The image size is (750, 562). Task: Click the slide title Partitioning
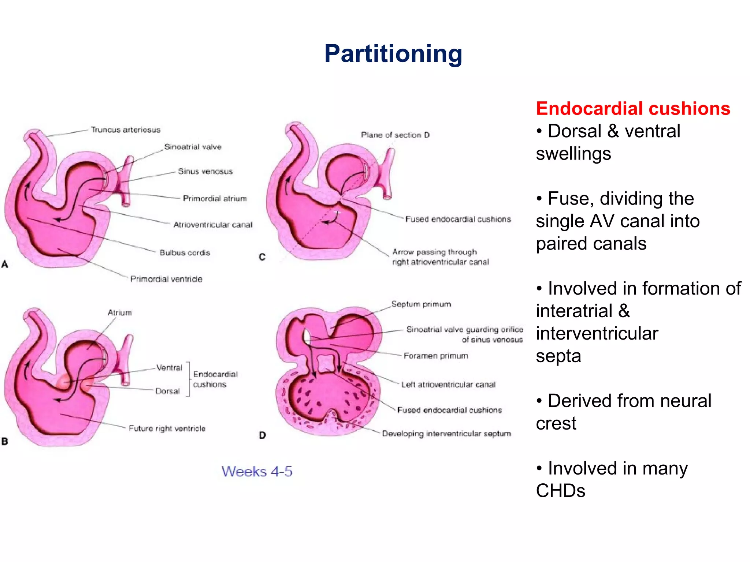click(x=393, y=54)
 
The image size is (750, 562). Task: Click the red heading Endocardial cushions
click(x=633, y=109)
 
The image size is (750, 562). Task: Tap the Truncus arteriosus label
click(x=126, y=130)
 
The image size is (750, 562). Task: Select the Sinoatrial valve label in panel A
click(x=193, y=147)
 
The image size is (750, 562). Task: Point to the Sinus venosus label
click(x=205, y=171)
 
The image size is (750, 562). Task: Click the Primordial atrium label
click(x=215, y=198)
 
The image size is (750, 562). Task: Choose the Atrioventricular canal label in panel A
click(x=212, y=225)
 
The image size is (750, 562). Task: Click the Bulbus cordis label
click(x=185, y=252)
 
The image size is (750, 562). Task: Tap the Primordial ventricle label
click(x=166, y=279)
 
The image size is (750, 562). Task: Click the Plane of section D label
click(x=395, y=135)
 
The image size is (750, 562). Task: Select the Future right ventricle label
click(x=167, y=428)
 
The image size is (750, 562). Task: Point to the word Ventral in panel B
click(x=169, y=368)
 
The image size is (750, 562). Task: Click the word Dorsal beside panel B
click(x=168, y=391)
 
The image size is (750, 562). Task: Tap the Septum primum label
click(x=421, y=304)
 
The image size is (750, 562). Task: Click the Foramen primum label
click(x=435, y=356)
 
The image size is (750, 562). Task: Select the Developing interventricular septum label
click(x=446, y=434)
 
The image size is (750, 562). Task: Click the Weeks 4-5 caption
click(x=257, y=471)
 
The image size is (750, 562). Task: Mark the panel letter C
click(x=262, y=257)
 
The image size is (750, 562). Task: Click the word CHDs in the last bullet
click(x=561, y=491)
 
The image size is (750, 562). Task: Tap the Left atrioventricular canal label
click(x=448, y=385)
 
